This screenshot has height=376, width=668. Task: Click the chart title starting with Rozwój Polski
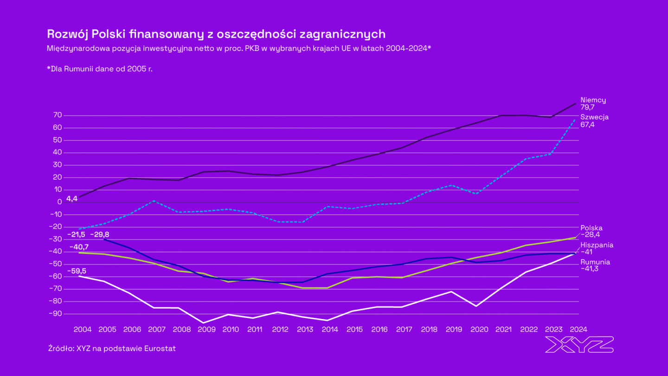coord(216,34)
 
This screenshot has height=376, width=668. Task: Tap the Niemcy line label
coord(593,100)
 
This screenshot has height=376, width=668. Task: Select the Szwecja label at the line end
coord(594,117)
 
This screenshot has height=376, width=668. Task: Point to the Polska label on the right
coord(591,228)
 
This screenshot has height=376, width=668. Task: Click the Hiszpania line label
coord(597,245)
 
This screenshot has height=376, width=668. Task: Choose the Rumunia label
coord(595,262)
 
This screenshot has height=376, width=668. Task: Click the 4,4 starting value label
coord(71,198)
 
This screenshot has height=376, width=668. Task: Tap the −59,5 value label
coord(77,271)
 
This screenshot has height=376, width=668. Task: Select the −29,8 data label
coord(100,234)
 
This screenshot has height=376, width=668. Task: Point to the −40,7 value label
coord(79,247)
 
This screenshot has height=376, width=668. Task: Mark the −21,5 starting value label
coord(77,234)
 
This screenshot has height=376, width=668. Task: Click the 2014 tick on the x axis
coord(329,329)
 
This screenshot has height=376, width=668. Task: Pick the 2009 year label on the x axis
coord(206,329)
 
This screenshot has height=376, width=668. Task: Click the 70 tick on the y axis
coord(58,115)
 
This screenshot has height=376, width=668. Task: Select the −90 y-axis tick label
coord(55,313)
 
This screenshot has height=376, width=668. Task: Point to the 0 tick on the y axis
coord(60,201)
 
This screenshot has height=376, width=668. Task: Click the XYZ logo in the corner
coord(579,344)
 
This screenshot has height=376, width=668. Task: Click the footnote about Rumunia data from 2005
coord(100,68)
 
